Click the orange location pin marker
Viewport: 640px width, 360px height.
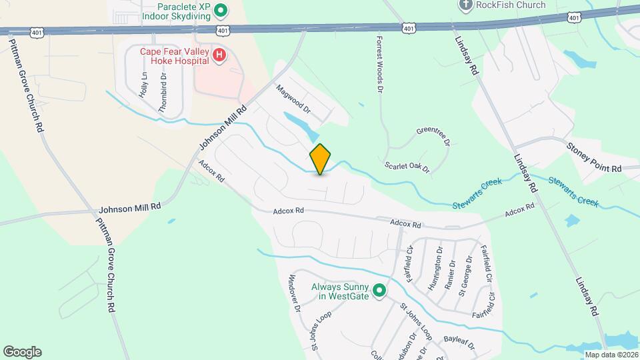pos(321,159)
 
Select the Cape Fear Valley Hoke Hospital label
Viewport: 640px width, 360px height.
pos(175,55)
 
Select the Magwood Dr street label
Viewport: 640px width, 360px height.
pos(294,97)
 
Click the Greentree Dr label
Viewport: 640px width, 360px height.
pos(433,137)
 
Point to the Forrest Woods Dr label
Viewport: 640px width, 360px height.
pos(380,64)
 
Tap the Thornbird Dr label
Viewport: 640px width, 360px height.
pos(162,91)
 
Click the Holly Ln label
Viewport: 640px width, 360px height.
pos(143,86)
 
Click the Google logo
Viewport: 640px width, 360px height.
pos(22,352)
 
